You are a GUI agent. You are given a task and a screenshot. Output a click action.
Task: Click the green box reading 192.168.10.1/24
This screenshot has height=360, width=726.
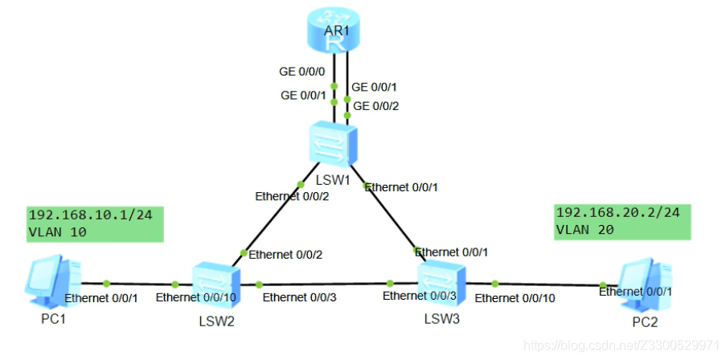pyautogui.click(x=95, y=224)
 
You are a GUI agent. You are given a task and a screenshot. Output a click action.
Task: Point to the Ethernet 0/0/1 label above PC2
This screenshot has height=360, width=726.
pyautogui.click(x=635, y=292)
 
